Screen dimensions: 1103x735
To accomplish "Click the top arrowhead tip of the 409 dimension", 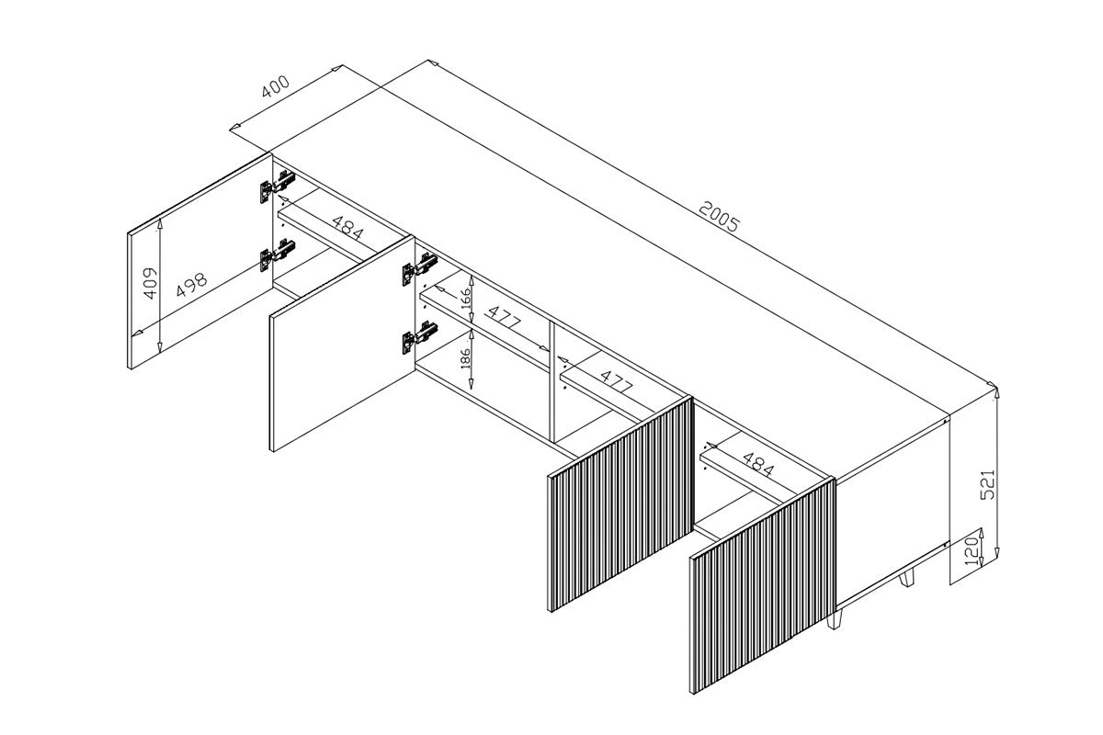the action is [x=159, y=219].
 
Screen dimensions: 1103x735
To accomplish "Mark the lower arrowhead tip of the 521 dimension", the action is [x=997, y=558].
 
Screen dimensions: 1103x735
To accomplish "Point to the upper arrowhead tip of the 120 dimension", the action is [x=981, y=528].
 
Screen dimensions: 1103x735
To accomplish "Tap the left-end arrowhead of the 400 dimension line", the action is [x=230, y=129].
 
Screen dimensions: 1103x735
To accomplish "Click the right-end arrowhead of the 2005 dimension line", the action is [x=996, y=387].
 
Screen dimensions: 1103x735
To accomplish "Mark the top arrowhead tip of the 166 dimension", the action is [x=472, y=277].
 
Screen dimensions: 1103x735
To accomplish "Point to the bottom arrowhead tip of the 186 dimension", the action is [x=472, y=389].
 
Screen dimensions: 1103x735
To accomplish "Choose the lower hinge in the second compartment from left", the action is [x=419, y=337].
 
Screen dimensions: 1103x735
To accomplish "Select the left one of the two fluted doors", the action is [x=620, y=504].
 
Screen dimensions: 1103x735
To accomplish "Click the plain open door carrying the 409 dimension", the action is [x=200, y=261].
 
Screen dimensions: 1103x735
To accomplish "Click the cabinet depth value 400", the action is [x=275, y=86].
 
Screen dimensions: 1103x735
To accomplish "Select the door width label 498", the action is [x=192, y=286].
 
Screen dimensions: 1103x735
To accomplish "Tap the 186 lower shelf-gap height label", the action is [x=465, y=358].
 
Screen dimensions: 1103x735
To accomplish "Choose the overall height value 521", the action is [x=988, y=485].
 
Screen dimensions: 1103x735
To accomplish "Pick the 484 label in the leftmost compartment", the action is [x=348, y=228].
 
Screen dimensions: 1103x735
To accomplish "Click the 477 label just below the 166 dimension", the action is [x=504, y=318].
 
